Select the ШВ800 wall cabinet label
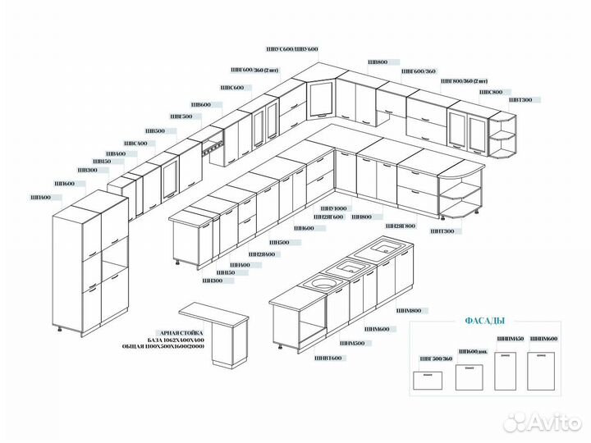(378, 62)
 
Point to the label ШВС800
(491, 92)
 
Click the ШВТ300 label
(520, 100)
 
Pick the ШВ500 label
(154, 131)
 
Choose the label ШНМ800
(409, 311)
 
